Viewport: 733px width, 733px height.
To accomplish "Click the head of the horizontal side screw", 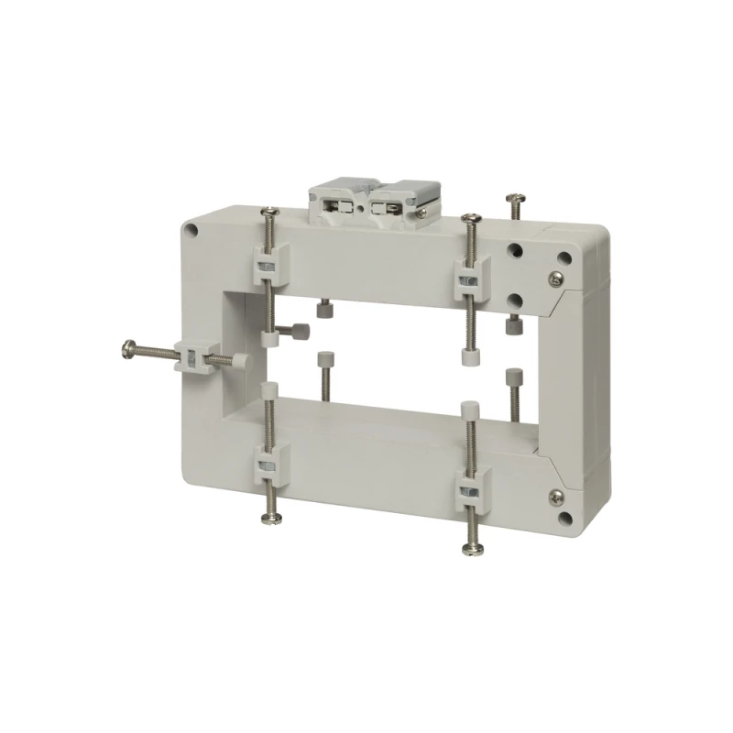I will [x=127, y=347].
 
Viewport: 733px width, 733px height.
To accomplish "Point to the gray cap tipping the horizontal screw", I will [x=243, y=364].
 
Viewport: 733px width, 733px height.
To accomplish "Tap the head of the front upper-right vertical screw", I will [x=471, y=218].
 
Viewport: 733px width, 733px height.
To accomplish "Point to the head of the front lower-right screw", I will [x=476, y=548].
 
